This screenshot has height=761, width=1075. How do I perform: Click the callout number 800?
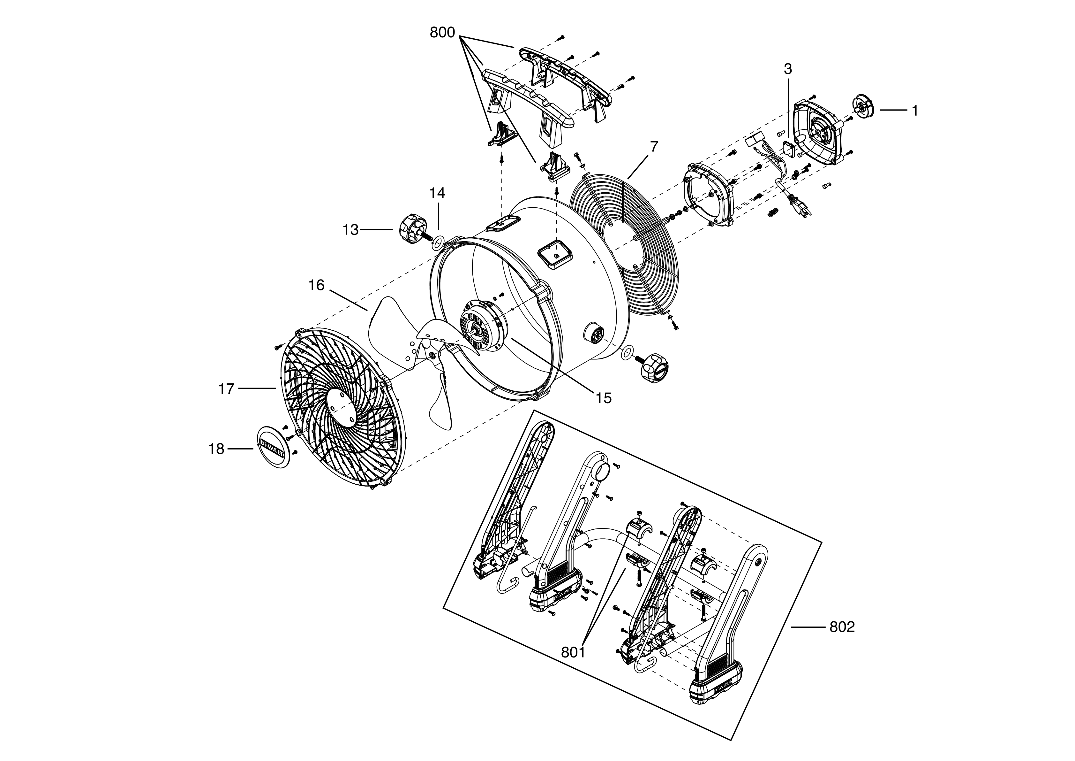tap(442, 33)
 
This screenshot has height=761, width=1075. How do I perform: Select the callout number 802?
tap(842, 627)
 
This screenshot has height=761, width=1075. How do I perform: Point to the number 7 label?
tap(654, 147)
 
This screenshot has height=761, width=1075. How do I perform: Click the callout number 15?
tap(604, 398)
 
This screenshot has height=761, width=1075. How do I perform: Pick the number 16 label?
tap(317, 285)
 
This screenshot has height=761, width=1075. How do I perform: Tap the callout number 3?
tap(788, 69)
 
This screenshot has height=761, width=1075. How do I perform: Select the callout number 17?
tap(226, 388)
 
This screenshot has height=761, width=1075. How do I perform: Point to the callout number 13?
tap(350, 230)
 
